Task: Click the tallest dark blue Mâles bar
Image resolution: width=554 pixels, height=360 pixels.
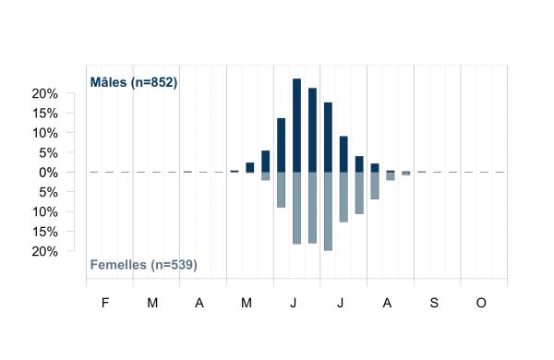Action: click(x=296, y=126)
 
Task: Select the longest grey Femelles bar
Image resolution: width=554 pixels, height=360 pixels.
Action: click(x=328, y=211)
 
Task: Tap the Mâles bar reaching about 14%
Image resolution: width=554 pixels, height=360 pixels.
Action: click(x=282, y=145)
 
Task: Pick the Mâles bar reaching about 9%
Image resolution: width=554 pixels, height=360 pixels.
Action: click(x=343, y=154)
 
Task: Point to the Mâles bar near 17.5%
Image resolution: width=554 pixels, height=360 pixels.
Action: click(x=328, y=138)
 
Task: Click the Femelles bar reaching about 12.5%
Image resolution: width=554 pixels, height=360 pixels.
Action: click(x=343, y=198)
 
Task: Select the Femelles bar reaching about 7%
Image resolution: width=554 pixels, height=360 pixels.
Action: click(x=375, y=186)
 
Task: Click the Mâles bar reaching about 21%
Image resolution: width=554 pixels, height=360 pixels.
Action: click(x=312, y=130)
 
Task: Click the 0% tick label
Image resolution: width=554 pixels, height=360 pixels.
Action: click(x=48, y=173)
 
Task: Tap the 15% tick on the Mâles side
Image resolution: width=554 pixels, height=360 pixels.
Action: click(x=45, y=114)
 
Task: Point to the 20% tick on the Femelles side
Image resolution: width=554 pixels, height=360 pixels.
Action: click(x=45, y=252)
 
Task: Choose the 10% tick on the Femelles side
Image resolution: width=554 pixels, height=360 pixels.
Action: click(x=45, y=212)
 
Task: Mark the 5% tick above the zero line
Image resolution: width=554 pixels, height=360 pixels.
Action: click(x=48, y=153)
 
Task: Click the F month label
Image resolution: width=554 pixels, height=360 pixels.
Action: click(x=105, y=303)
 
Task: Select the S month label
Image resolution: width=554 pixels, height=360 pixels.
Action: click(x=434, y=303)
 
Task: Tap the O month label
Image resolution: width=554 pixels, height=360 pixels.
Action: click(x=481, y=303)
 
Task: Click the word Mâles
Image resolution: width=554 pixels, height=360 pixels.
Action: click(x=108, y=82)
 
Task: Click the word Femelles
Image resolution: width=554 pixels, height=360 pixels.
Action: click(x=118, y=265)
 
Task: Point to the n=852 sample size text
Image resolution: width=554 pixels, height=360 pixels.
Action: click(x=154, y=82)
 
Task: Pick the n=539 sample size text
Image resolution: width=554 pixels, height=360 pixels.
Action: click(x=174, y=265)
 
